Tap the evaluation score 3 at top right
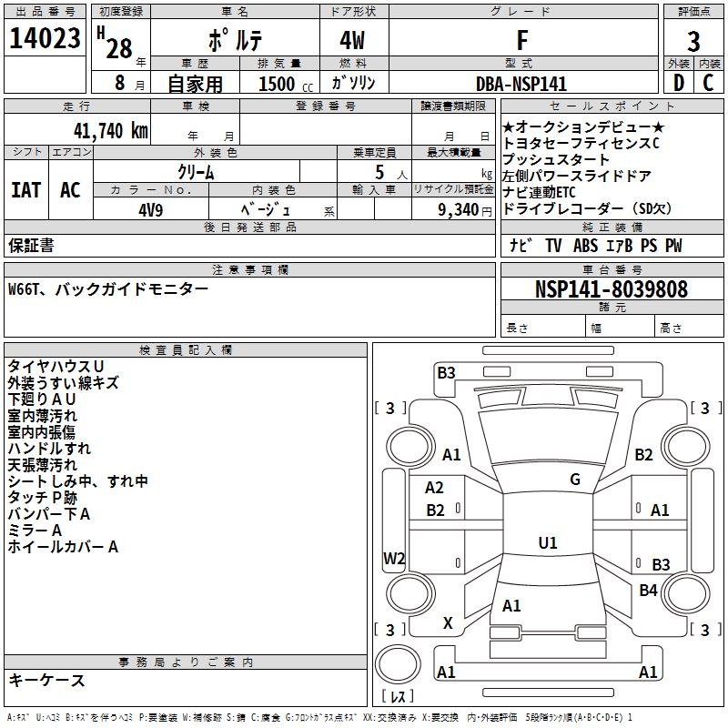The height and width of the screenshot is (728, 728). pyautogui.click(x=693, y=42)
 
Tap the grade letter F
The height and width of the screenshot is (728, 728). pyautogui.click(x=521, y=40)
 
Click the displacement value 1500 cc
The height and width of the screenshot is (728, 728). pyautogui.click(x=283, y=84)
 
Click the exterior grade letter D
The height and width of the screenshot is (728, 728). pyautogui.click(x=678, y=83)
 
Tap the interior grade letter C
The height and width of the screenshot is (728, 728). pyautogui.click(x=709, y=83)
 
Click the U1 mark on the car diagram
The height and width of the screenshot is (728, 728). pyautogui.click(x=547, y=542)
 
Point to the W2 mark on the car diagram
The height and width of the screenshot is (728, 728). pyautogui.click(x=394, y=559)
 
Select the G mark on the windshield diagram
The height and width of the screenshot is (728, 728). pyautogui.click(x=575, y=480)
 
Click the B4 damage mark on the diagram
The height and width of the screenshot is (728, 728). pyautogui.click(x=648, y=591)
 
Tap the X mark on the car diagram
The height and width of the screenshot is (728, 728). pyautogui.click(x=447, y=623)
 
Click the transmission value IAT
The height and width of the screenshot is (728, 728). pyautogui.click(x=25, y=190)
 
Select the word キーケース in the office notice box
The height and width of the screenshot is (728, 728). pyautogui.click(x=46, y=681)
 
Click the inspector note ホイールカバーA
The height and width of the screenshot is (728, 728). pyautogui.click(x=63, y=547)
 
